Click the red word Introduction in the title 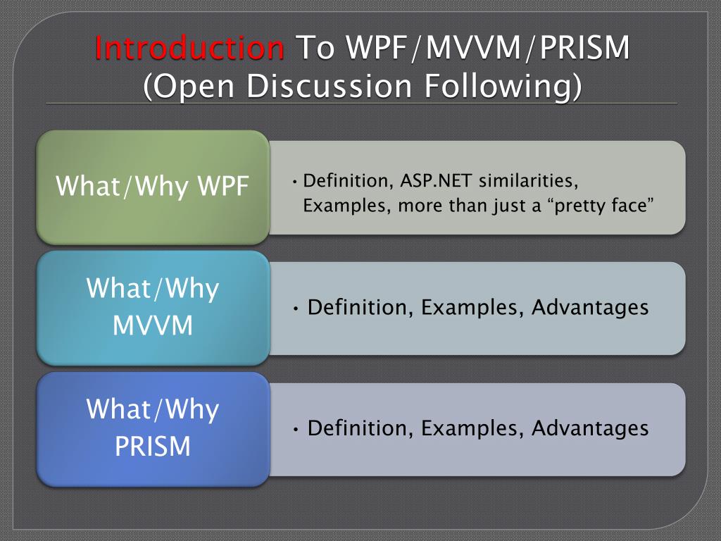tap(189, 49)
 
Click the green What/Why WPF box tap(153, 187)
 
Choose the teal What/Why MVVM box tap(153, 308)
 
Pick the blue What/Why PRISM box tap(153, 428)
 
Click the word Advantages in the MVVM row tap(590, 308)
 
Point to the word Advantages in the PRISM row tap(590, 428)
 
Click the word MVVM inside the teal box tap(153, 326)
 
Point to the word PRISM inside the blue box tap(153, 447)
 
